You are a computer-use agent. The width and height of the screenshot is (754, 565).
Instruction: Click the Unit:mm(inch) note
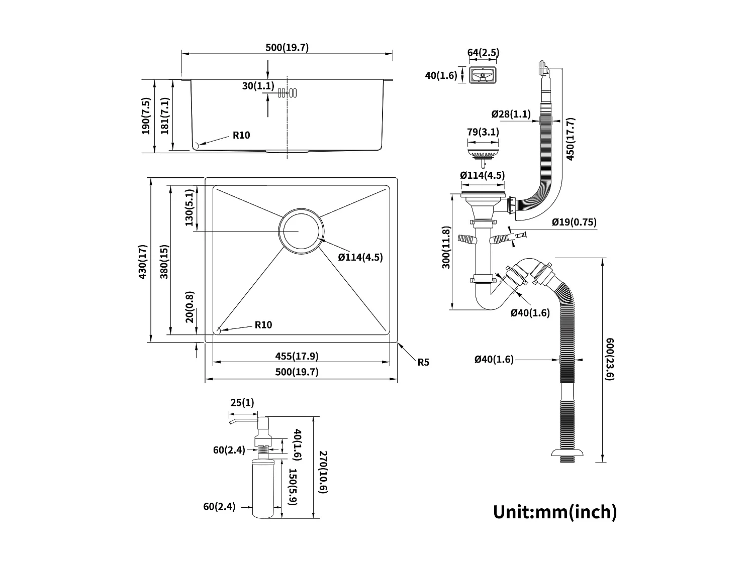click(554, 512)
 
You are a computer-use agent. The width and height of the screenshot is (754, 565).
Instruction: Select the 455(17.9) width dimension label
click(297, 356)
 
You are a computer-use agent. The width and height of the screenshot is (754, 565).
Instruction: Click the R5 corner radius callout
click(423, 362)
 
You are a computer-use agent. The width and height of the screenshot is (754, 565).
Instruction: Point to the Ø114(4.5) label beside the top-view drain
click(360, 257)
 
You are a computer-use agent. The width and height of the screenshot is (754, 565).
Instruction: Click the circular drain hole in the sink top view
click(301, 232)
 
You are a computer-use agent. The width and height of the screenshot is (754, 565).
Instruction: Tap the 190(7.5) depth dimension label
click(146, 116)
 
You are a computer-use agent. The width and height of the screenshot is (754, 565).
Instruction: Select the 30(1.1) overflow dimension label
click(258, 86)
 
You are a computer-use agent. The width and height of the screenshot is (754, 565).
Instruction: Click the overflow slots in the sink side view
click(288, 92)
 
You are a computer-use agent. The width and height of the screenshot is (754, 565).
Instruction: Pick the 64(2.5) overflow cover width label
click(483, 53)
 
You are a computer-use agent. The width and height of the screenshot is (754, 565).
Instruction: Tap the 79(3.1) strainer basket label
click(483, 132)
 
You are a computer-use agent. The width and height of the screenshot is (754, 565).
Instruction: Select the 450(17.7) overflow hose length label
click(571, 139)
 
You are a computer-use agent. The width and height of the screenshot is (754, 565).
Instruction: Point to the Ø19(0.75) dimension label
click(574, 222)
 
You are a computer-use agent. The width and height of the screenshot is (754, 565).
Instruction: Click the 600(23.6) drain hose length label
click(610, 359)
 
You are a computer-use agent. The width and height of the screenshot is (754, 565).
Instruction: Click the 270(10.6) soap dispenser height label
click(323, 472)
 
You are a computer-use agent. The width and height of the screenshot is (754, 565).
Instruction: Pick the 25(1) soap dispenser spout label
click(242, 402)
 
